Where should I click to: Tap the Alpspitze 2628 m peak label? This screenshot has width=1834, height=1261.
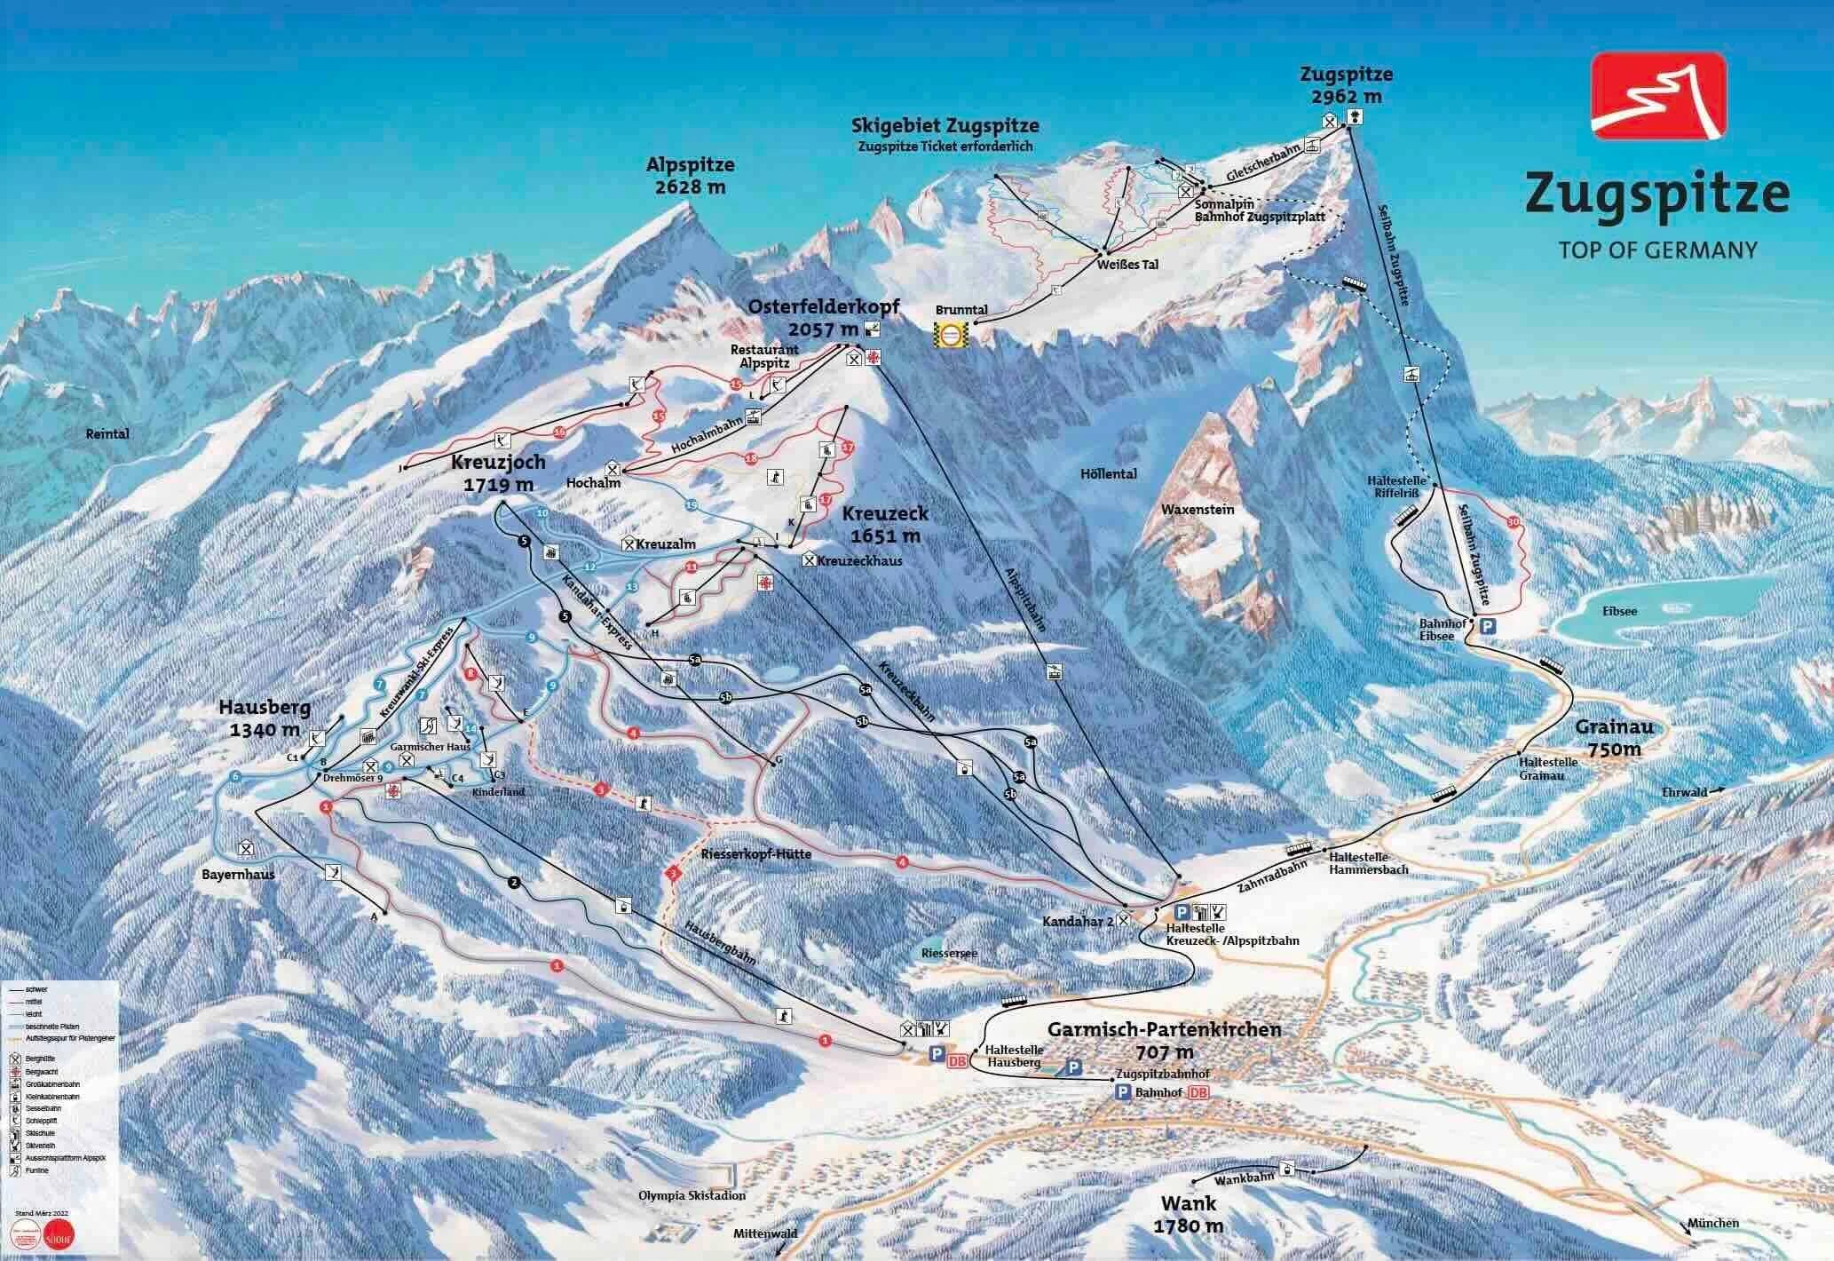(691, 176)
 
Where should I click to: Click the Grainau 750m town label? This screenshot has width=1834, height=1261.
(1609, 737)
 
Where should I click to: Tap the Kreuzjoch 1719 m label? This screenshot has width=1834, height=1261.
(498, 473)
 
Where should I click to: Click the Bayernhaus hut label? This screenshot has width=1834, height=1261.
(239, 874)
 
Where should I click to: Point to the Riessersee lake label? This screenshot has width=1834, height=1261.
(948, 953)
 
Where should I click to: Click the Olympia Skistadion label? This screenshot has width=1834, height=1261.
(692, 1195)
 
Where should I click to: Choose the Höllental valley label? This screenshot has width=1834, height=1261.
(1110, 474)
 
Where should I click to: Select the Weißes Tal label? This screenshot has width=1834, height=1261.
(1127, 265)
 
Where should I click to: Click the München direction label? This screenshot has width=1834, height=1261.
(1714, 1223)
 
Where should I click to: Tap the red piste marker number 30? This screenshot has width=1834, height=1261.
(1513, 522)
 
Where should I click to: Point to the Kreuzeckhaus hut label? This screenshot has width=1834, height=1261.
(858, 560)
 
